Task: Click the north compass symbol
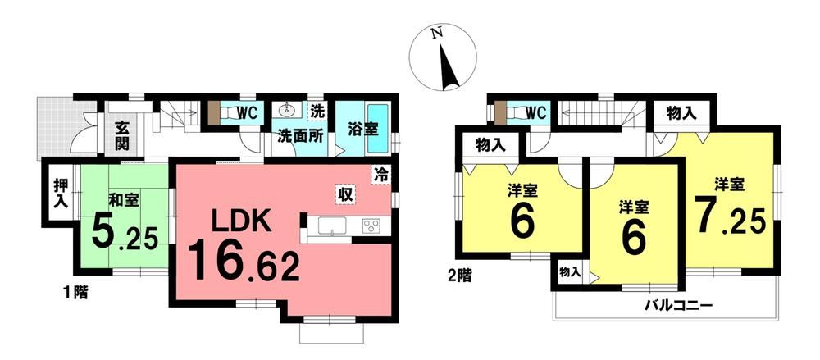pos(443,57)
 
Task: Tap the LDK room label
pos(241,222)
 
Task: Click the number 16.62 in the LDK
pos(244,265)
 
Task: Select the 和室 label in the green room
pos(124,199)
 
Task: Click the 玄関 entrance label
pos(122,135)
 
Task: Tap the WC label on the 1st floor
pos(248,113)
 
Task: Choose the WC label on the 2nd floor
pos(535,112)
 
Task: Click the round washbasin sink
pos(286,111)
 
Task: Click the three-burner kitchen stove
pos(371,226)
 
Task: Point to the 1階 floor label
pos(75,293)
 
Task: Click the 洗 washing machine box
pos(317,112)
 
